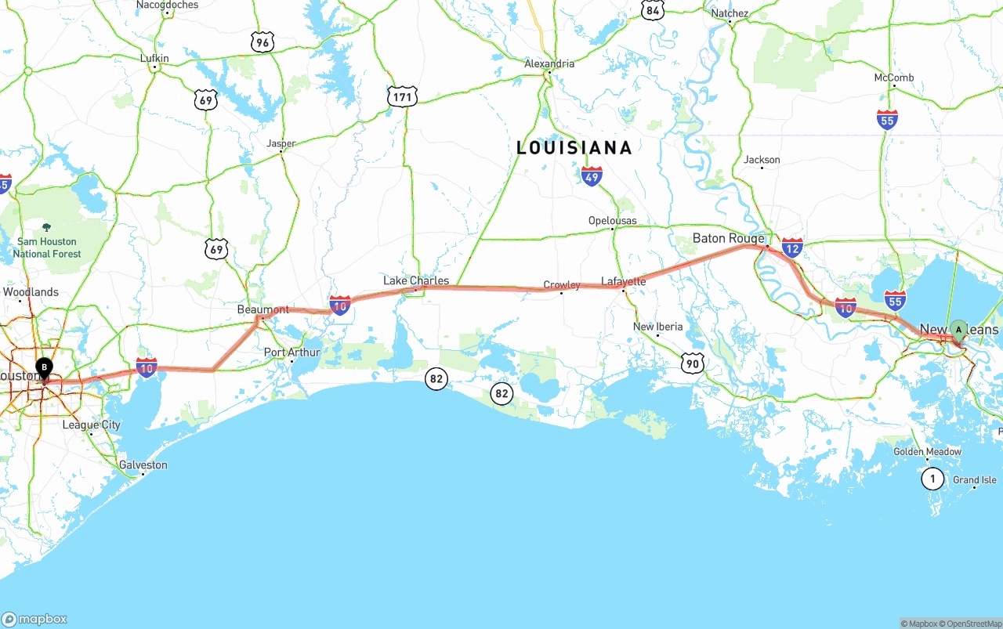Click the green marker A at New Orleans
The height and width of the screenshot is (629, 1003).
click(x=958, y=331)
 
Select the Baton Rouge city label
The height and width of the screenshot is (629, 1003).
click(x=728, y=238)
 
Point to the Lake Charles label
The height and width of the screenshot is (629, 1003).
click(x=416, y=280)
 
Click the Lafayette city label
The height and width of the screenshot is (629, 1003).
click(x=624, y=281)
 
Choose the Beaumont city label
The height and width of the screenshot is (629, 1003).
click(x=263, y=309)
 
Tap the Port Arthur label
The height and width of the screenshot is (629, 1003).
click(x=291, y=352)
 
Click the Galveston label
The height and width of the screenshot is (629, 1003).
click(x=143, y=465)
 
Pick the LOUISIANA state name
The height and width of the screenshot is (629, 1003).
click(x=574, y=147)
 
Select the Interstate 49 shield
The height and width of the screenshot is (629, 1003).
click(x=592, y=176)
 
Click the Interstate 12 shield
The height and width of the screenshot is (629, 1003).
click(x=792, y=248)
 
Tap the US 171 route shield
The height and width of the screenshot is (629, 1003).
click(x=402, y=97)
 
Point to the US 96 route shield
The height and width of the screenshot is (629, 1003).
click(x=263, y=42)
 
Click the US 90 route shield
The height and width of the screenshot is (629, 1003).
click(x=693, y=363)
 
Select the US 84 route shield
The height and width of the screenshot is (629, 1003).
click(x=653, y=9)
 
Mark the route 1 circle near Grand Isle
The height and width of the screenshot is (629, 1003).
click(x=932, y=478)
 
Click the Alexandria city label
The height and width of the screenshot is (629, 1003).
click(x=549, y=63)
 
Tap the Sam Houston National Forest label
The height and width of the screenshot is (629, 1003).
click(x=47, y=248)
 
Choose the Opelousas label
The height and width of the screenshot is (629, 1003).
click(x=613, y=221)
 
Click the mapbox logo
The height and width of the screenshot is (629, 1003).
click(x=34, y=619)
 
